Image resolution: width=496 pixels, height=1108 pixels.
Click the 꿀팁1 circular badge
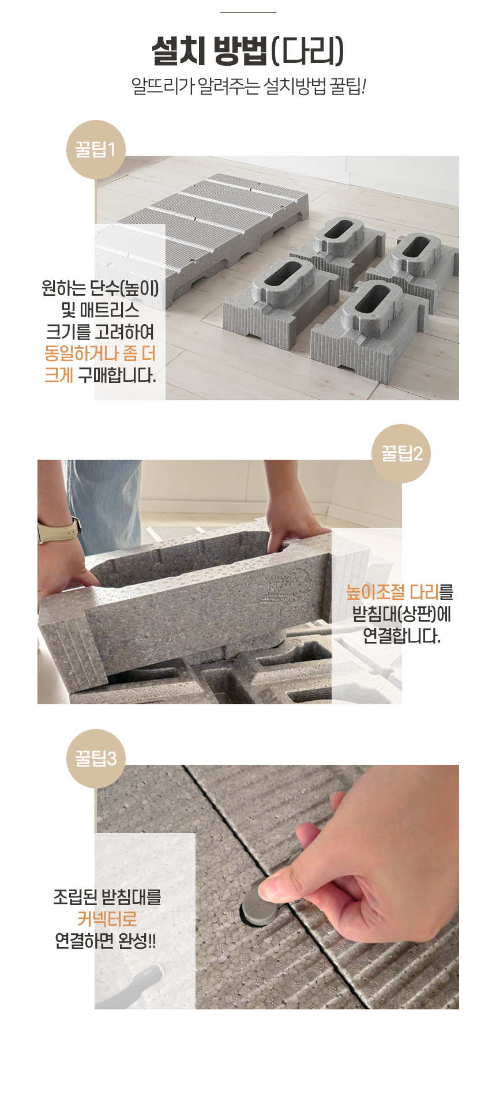[x=96, y=149]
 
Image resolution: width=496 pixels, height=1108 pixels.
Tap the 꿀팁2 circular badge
[x=401, y=453]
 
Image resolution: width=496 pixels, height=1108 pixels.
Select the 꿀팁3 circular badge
[x=96, y=758]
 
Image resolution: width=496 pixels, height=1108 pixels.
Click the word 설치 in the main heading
[x=179, y=51]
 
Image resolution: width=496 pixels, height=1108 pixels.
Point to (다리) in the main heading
[x=307, y=51]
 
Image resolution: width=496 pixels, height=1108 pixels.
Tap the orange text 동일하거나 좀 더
[x=100, y=354]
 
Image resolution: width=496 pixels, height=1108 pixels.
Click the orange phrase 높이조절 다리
[x=392, y=592]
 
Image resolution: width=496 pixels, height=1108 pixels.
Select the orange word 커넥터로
[x=107, y=919]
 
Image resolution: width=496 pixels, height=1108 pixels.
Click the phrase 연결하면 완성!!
[x=106, y=941]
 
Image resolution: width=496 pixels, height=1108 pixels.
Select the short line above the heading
[x=248, y=12]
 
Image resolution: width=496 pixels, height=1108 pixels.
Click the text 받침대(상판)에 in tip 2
[x=402, y=614]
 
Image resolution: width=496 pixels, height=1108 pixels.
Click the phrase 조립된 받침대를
[x=107, y=897]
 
